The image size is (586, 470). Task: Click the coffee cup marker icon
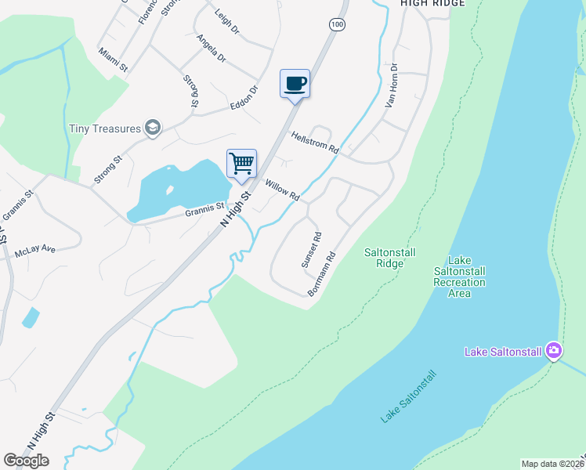[295, 83]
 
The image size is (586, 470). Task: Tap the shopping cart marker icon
[242, 164]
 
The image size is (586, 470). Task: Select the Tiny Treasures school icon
[154, 128]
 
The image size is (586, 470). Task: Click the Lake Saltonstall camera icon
[553, 350]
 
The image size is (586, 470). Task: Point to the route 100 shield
[337, 25]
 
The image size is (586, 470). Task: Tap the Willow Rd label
[283, 190]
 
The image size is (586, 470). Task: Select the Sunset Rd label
[311, 250]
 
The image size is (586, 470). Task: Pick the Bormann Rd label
[321, 273]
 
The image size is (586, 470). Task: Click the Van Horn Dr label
[392, 85]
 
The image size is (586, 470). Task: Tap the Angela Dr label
[212, 48]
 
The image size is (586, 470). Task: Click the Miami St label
[113, 60]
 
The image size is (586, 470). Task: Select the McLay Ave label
[35, 251]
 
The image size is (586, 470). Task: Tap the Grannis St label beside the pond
[204, 209]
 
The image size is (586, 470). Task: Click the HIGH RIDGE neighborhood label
[432, 3]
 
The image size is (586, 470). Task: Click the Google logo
[26, 461]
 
